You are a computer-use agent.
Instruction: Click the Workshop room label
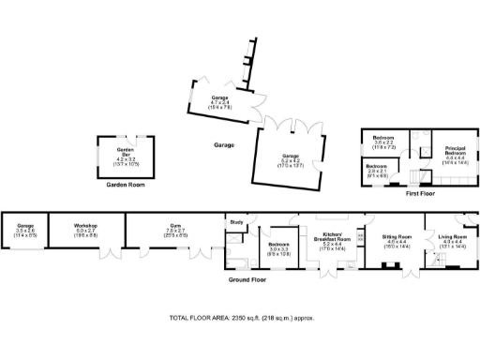(85, 224)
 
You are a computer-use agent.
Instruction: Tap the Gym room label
(174, 224)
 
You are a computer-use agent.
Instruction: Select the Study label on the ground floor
(237, 222)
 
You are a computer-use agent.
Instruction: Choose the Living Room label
(453, 237)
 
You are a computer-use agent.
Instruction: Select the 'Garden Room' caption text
(125, 185)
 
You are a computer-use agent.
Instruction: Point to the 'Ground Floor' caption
(248, 279)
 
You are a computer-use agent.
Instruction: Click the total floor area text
(240, 319)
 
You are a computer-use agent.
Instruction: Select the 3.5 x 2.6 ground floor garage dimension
(25, 235)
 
